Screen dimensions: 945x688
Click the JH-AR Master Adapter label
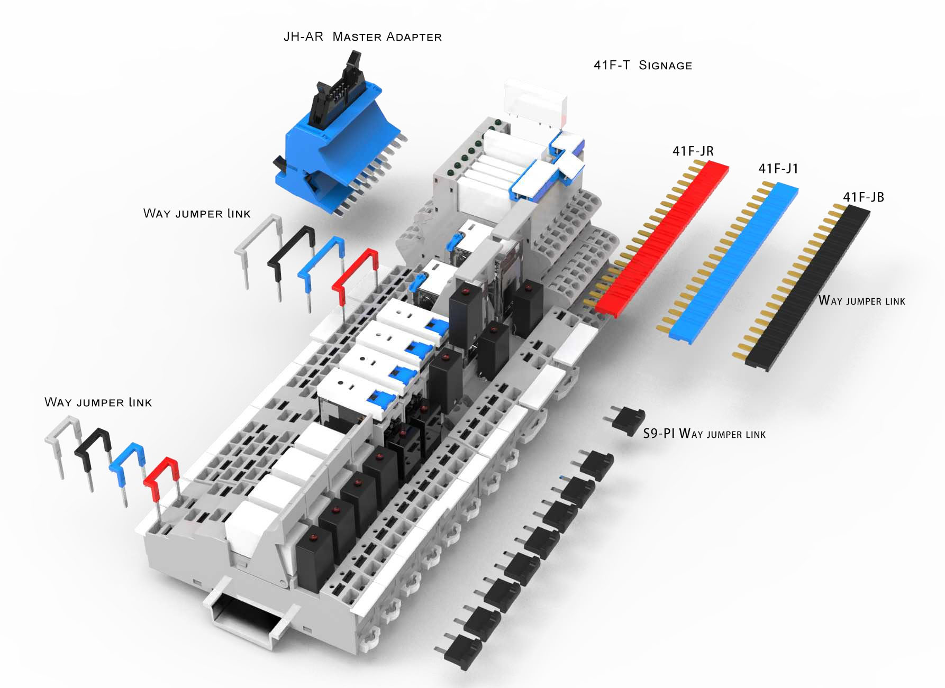pyautogui.click(x=362, y=36)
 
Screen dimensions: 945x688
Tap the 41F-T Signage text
pyautogui.click(x=643, y=65)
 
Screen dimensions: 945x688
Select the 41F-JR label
pyautogui.click(x=693, y=151)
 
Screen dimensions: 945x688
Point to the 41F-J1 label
pyautogui.click(x=778, y=169)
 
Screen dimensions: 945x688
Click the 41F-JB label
pyautogui.click(x=864, y=197)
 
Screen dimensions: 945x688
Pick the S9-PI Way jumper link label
pyautogui.click(x=704, y=434)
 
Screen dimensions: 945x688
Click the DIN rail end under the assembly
pyautogui.click(x=246, y=613)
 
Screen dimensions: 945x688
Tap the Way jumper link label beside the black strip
pyautogui.click(x=862, y=301)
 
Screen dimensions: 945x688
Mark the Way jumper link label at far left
pyautogui.click(x=98, y=402)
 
